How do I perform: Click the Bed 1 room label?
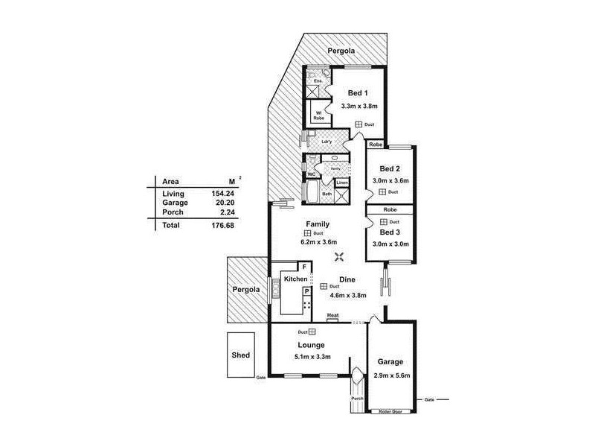pyautogui.click(x=357, y=93)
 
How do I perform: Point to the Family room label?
pyautogui.click(x=318, y=223)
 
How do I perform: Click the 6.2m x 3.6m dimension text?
pyautogui.click(x=318, y=242)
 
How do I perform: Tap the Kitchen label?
pyautogui.click(x=295, y=279)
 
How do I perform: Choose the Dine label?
pyautogui.click(x=347, y=279)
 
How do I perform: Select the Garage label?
pyautogui.click(x=389, y=362)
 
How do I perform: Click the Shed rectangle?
pyautogui.click(x=241, y=355)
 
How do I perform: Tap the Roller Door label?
pyautogui.click(x=390, y=410)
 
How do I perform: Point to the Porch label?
pyautogui.click(x=358, y=399)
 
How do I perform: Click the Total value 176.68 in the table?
pyautogui.click(x=222, y=224)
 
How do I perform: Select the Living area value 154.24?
pyautogui.click(x=222, y=194)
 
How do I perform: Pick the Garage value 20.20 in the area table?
pyautogui.click(x=222, y=203)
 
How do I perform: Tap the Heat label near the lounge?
pyautogui.click(x=332, y=316)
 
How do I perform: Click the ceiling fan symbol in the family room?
pyautogui.click(x=339, y=258)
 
